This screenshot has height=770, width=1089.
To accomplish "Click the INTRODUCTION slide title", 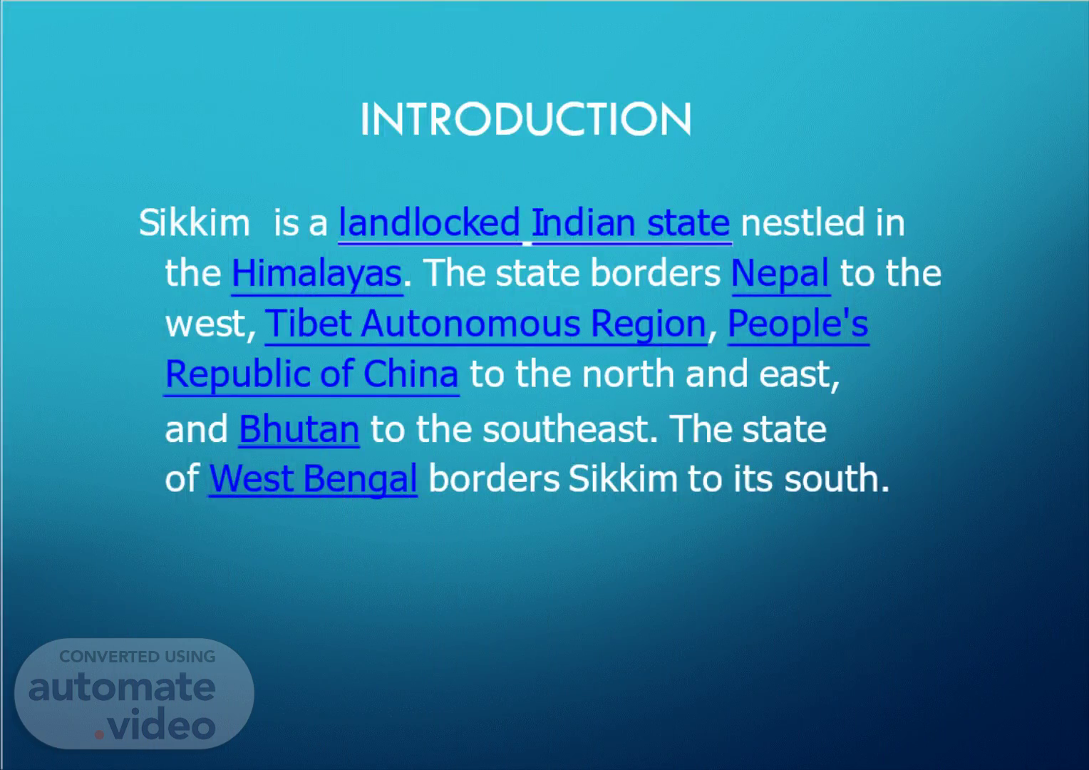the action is coord(525,119).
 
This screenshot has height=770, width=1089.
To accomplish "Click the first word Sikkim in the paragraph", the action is coord(195,222).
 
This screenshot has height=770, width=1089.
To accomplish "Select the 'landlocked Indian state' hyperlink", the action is coord(535,224).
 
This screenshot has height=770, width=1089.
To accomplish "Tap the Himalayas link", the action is coord(316,274).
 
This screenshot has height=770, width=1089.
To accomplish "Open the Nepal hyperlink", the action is coord(780,274).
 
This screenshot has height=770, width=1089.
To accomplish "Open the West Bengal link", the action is coord(313,479).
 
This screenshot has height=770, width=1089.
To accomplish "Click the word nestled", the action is coord(802,222).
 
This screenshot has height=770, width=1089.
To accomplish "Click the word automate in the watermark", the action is coord(122,688).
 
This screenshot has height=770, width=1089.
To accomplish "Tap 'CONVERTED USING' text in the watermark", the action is coord(138,657).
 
